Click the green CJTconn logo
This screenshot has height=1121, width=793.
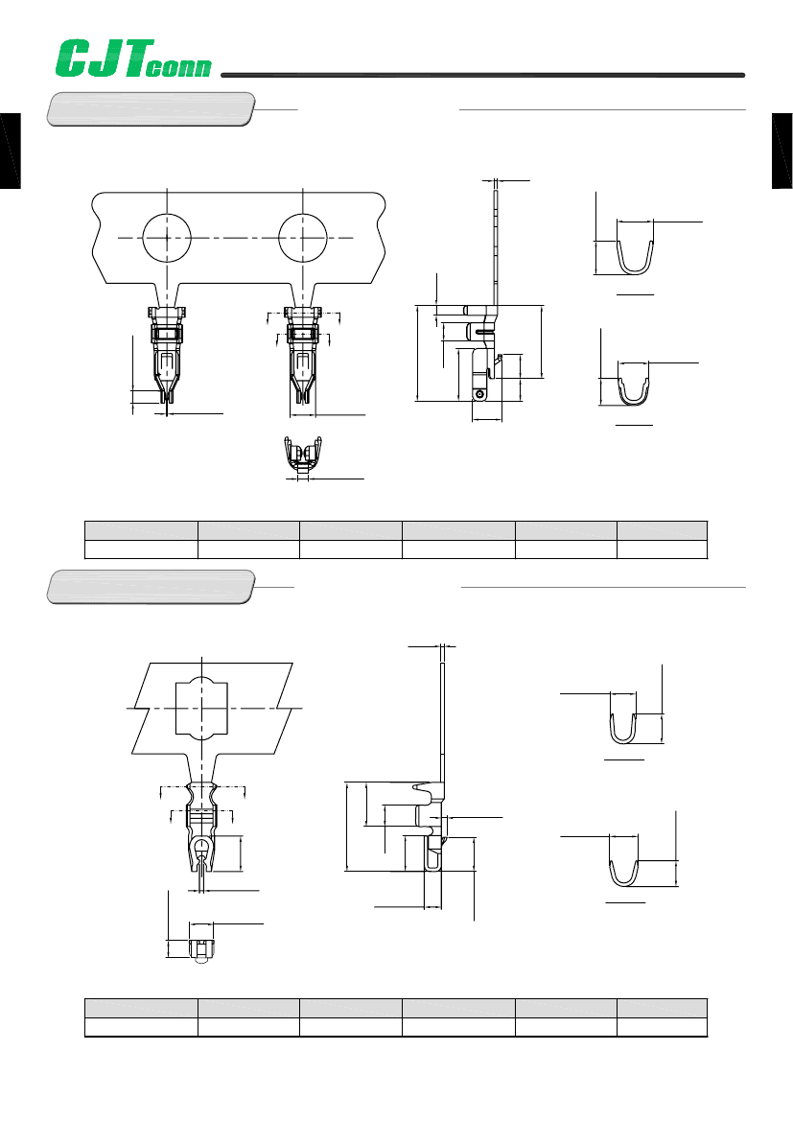click(133, 58)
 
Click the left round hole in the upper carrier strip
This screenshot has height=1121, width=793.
click(167, 238)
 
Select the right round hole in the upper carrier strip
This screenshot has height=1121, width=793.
click(303, 238)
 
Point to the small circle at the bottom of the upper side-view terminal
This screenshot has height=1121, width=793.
click(479, 394)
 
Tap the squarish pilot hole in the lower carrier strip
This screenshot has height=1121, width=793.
click(202, 709)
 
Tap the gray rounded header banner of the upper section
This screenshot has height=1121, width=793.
click(151, 109)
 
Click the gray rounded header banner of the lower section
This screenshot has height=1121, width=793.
click(151, 587)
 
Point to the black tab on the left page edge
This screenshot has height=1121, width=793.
click(10, 151)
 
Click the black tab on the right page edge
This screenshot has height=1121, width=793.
click(782, 151)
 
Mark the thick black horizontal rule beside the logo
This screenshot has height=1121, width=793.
click(482, 75)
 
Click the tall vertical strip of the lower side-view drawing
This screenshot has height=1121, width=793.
click(443, 722)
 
